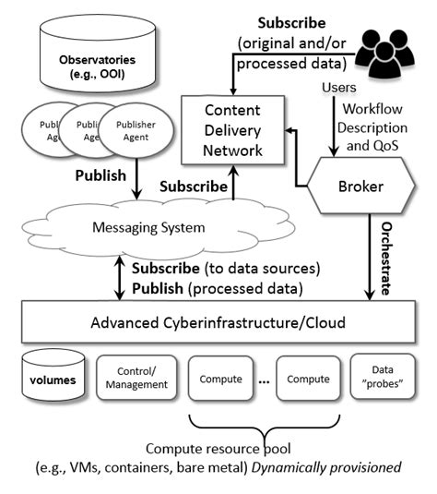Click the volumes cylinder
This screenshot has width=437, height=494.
click(x=52, y=378)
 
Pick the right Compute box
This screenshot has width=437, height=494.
click(x=307, y=378)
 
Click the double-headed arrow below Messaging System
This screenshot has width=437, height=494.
click(x=119, y=277)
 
